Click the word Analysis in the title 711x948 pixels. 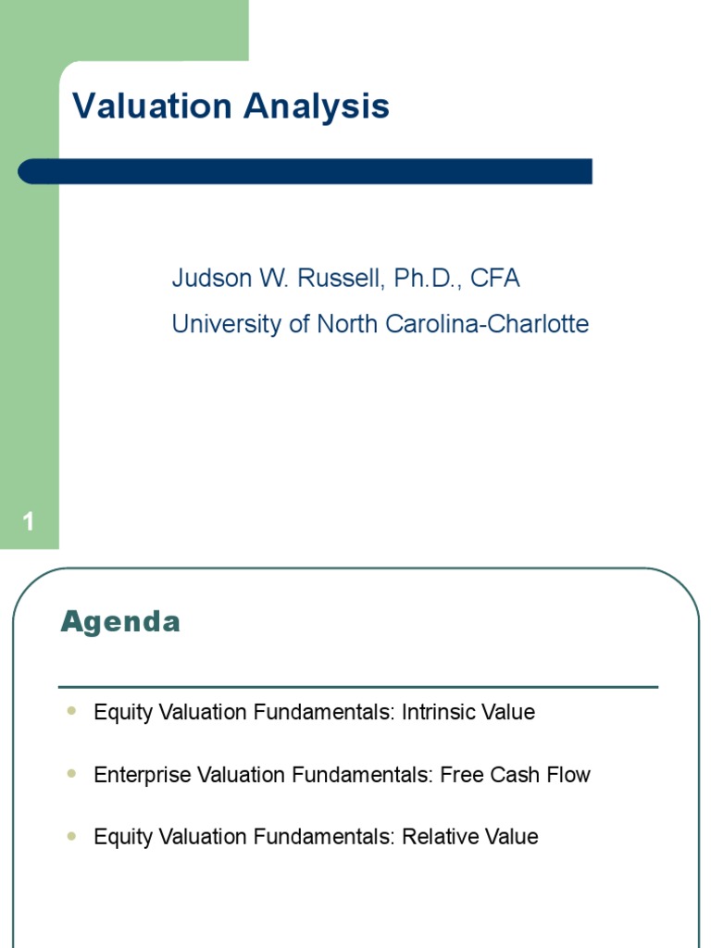[317, 106]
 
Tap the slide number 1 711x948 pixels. [29, 523]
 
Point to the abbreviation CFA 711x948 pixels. [495, 279]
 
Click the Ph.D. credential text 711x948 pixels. [427, 279]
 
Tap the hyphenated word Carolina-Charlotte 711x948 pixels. [499, 325]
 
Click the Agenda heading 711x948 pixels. [120, 622]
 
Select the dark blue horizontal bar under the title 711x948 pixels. [306, 171]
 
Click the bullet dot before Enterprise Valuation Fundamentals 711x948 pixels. [72, 774]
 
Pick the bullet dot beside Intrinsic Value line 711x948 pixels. [72, 712]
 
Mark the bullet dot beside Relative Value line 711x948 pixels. [72, 836]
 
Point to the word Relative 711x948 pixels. [438, 837]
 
